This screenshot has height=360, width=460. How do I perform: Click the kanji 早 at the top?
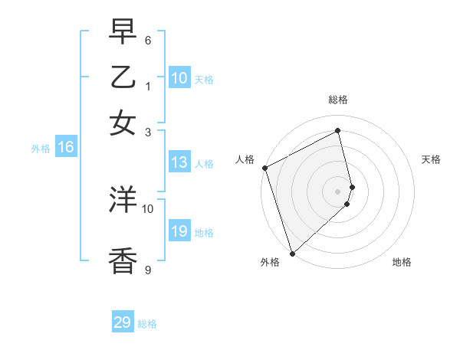click(123, 32)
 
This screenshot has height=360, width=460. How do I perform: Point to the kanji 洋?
click(123, 201)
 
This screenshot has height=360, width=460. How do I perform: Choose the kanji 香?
click(123, 260)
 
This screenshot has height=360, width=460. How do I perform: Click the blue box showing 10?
click(179, 77)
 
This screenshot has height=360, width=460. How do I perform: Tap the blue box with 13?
click(179, 162)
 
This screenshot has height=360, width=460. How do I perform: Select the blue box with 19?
click(179, 231)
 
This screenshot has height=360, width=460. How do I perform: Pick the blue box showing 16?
click(66, 148)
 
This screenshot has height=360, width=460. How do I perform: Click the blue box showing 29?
click(123, 322)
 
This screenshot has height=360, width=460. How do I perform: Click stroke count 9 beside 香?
click(148, 270)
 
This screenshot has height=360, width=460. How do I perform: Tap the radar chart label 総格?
click(337, 100)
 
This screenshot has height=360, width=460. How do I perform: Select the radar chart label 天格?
click(431, 159)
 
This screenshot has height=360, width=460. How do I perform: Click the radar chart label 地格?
click(402, 262)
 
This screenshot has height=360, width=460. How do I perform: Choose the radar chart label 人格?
click(245, 159)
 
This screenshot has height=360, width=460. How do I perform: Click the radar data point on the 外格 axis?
click(292, 253)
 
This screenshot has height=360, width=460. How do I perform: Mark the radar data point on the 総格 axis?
click(338, 131)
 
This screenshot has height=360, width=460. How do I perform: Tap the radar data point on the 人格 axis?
click(264, 168)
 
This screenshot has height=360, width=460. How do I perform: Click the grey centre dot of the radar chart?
click(338, 191)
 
